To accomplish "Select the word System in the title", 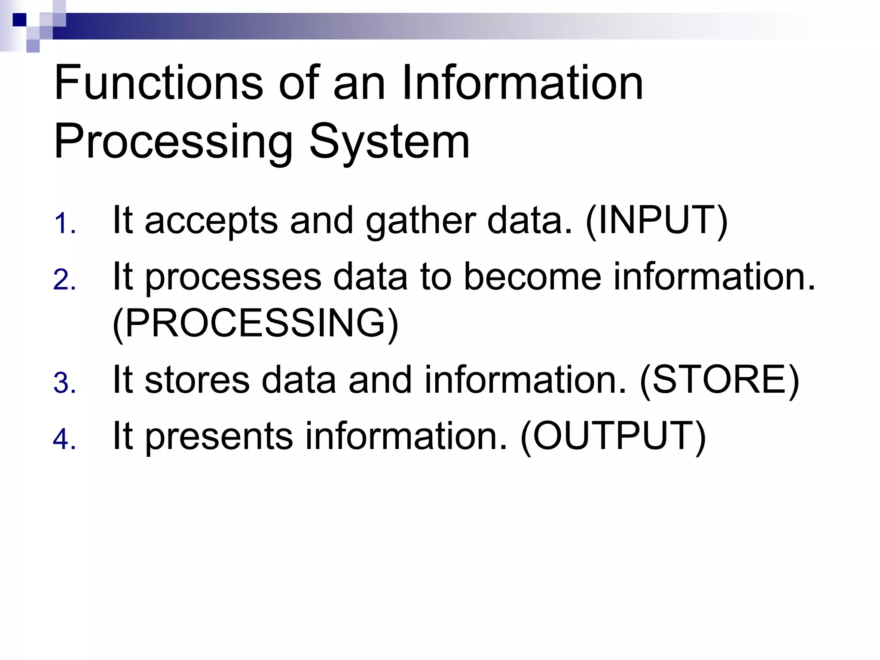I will pyautogui.click(x=389, y=142).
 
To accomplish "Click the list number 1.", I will pyautogui.click(x=64, y=224).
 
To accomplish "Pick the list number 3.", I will pyautogui.click(x=64, y=383).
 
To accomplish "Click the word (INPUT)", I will pyautogui.click(x=657, y=221).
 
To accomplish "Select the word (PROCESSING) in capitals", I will pyautogui.click(x=255, y=324).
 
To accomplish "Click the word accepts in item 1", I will pyautogui.click(x=211, y=221).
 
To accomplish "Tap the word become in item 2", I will pyautogui.click(x=533, y=277).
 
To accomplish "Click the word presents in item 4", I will pyautogui.click(x=219, y=437).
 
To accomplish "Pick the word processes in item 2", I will pyautogui.click(x=233, y=277).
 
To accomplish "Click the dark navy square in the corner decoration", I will pyautogui.click(x=19, y=20).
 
